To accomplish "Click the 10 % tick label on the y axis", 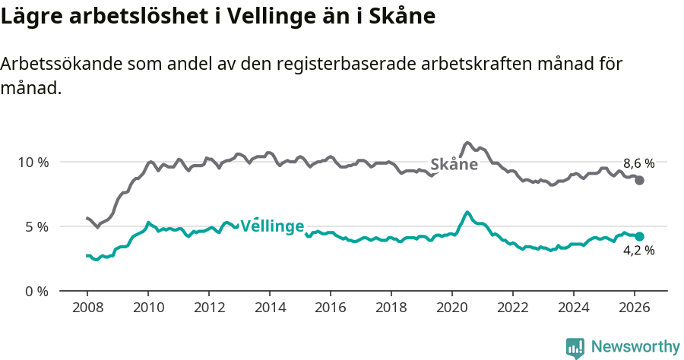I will click(33, 162).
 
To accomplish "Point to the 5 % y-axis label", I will click(36, 226).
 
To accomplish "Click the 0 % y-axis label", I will click(36, 291).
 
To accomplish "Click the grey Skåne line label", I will click(454, 165).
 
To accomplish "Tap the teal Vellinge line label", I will click(272, 226).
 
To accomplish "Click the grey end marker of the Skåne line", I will click(640, 180).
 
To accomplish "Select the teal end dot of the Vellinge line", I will click(640, 236).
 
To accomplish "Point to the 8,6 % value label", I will click(638, 163).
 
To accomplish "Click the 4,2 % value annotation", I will click(638, 251).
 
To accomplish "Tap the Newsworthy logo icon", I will click(575, 347).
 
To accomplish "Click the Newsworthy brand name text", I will click(635, 347).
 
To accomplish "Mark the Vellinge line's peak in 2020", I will click(467, 212).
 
